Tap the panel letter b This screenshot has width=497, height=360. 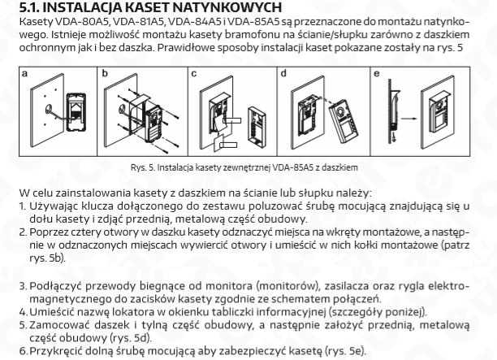pos(106,73)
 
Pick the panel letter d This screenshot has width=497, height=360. pos(282,73)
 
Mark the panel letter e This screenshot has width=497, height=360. pos(375,73)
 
